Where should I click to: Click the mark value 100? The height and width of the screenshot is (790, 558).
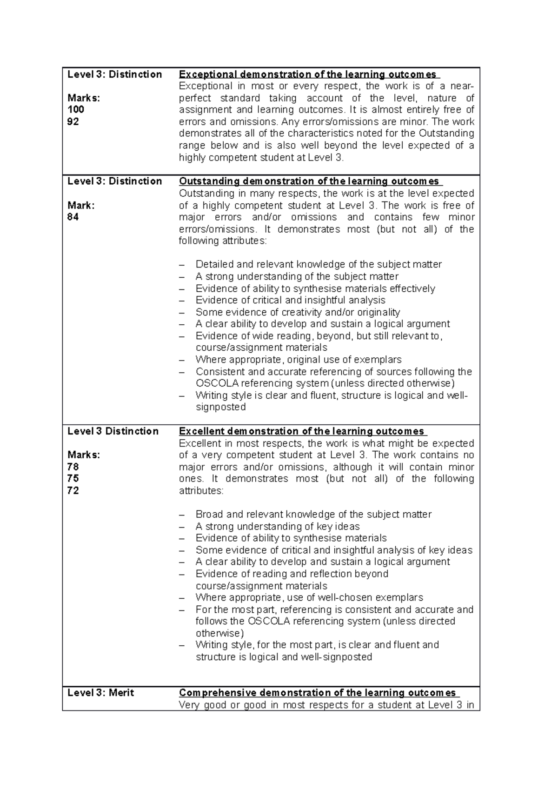point(76,110)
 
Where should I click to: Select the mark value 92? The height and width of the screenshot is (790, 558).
point(73,122)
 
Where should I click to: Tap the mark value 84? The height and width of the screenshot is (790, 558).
point(73,217)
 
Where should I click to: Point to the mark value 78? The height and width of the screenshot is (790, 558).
point(73,467)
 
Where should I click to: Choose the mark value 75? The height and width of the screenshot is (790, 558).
point(73,479)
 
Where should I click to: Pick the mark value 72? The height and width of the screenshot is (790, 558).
point(73,490)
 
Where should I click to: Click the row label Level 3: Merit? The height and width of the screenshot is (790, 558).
point(100,693)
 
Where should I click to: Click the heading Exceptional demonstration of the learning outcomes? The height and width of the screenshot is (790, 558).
point(308,74)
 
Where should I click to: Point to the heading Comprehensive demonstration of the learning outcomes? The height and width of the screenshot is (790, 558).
point(317,693)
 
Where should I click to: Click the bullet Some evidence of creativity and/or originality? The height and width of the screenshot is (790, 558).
point(298,312)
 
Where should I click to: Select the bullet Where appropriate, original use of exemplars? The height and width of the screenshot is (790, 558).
point(299,360)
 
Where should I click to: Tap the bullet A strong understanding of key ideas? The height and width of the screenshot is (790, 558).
point(278,526)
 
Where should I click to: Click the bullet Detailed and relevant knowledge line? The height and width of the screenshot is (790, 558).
point(319,264)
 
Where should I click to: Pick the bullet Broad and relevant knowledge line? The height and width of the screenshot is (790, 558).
point(313,514)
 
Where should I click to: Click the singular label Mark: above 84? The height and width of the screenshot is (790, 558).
point(81,205)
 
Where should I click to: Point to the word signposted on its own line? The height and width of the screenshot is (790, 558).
point(220,407)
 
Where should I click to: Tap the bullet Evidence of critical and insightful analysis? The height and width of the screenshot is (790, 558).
point(290,300)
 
